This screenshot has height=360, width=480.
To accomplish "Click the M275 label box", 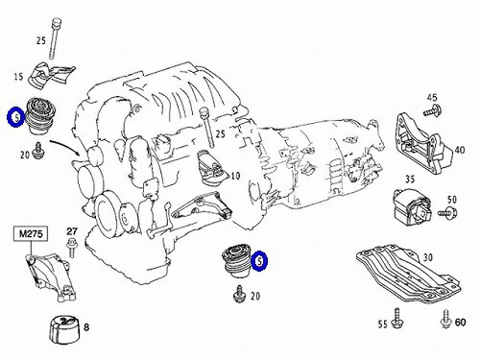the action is (31, 233).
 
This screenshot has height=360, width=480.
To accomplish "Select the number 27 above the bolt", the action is (72, 231).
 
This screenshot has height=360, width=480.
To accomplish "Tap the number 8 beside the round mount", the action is (86, 327).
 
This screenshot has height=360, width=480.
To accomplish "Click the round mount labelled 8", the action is (63, 329).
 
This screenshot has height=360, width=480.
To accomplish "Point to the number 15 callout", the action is (18, 77).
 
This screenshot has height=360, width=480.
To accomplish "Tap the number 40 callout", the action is (460, 150).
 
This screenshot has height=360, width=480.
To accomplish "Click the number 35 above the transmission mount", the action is (410, 179).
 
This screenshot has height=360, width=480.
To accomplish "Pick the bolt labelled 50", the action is (447, 212).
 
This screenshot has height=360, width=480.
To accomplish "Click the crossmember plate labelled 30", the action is (409, 275).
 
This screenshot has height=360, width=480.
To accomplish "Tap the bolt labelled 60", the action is (445, 319).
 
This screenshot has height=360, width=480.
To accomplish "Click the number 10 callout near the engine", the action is (235, 176).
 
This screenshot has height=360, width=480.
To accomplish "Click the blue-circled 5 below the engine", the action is (259, 261).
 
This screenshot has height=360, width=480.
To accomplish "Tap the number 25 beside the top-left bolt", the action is (41, 40).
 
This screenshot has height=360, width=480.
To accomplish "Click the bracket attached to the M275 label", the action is (52, 276).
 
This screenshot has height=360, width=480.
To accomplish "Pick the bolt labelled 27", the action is (71, 247).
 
